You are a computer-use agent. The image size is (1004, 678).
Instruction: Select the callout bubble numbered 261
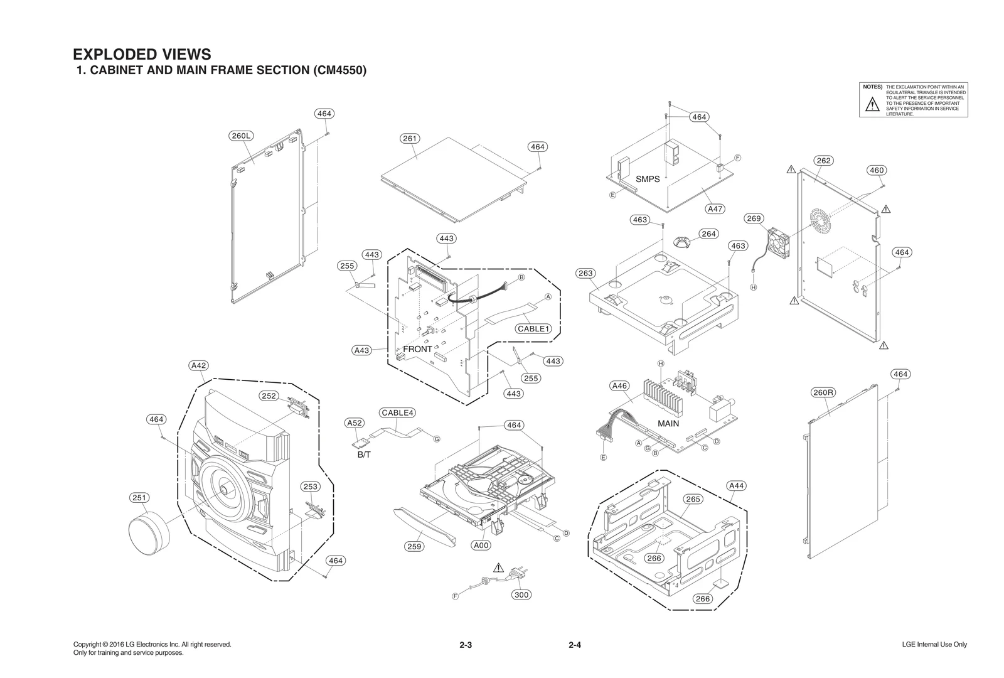[410, 138]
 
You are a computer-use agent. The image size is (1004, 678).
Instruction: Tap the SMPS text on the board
[648, 179]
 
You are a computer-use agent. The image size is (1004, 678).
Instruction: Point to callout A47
[715, 208]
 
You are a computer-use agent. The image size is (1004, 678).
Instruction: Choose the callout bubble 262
[823, 161]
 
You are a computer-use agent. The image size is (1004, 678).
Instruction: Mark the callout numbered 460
[877, 170]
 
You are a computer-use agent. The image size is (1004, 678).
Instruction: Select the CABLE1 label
[533, 328]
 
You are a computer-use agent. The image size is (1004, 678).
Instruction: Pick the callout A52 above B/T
[355, 423]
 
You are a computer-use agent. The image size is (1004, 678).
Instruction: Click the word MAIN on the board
[668, 423]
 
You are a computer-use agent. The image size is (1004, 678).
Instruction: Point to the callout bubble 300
[521, 595]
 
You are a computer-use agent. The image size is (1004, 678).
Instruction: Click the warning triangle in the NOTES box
[872, 105]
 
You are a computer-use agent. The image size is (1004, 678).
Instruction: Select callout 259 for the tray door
[414, 546]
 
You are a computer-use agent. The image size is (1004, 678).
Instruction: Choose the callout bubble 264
[708, 234]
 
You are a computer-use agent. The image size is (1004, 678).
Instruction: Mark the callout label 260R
[823, 392]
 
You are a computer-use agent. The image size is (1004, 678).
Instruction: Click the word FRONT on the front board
[417, 349]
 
